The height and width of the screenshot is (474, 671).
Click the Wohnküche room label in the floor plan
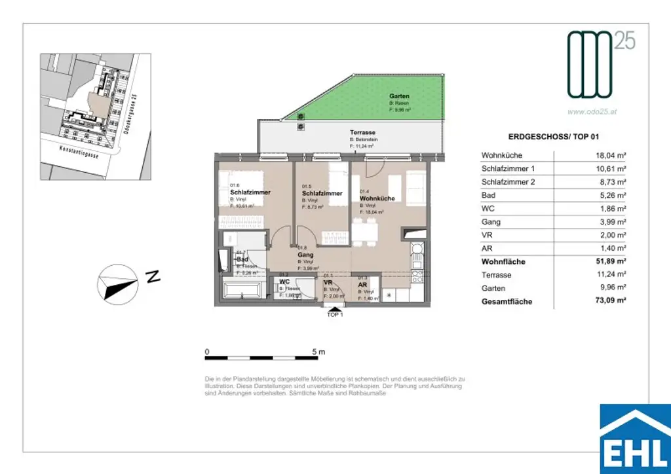click(x=377, y=198)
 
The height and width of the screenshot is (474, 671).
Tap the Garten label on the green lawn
click(x=399, y=96)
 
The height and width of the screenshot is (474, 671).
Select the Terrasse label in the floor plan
click(x=362, y=133)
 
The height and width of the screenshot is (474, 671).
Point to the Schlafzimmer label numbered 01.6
click(x=250, y=192)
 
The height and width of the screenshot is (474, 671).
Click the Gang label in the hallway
click(x=306, y=255)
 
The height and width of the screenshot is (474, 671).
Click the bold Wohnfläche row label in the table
click(x=503, y=262)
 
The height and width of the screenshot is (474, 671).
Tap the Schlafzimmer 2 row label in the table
click(x=508, y=182)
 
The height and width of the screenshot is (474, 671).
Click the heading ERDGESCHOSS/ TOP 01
click(x=553, y=137)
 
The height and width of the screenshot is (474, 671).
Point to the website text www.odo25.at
click(x=592, y=112)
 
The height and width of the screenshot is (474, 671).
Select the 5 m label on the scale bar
click(x=319, y=352)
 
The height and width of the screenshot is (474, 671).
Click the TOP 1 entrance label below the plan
click(x=335, y=314)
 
